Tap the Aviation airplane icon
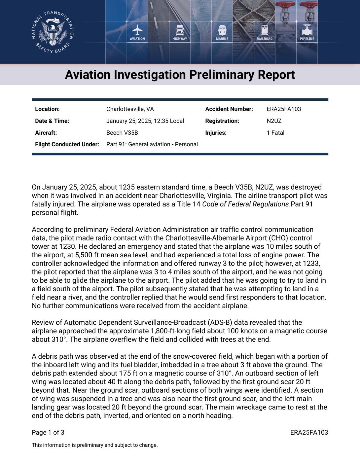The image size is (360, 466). pyautogui.click(x=137, y=30)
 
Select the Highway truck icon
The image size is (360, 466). pyautogui.click(x=180, y=30)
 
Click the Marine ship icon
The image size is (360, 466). pyautogui.click(x=222, y=30)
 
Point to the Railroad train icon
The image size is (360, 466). pyautogui.click(x=264, y=30)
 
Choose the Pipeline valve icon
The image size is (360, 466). pyautogui.click(x=307, y=30)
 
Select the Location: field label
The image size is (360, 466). pyautogui.click(x=47, y=109)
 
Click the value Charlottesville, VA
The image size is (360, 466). pyautogui.click(x=130, y=109)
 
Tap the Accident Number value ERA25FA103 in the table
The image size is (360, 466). pyautogui.click(x=284, y=109)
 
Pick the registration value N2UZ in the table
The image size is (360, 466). pyautogui.click(x=274, y=121)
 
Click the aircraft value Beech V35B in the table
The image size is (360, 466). pyautogui.click(x=122, y=133)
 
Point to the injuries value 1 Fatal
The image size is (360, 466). pyautogui.click(x=275, y=133)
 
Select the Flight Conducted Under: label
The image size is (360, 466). pyautogui.click(x=67, y=144)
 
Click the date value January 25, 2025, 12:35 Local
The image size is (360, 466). pyautogui.click(x=145, y=121)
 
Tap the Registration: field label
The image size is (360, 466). pyautogui.click(x=222, y=121)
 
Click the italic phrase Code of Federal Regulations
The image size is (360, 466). pyautogui.click(x=245, y=204)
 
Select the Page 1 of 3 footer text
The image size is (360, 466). pyautogui.click(x=48, y=432)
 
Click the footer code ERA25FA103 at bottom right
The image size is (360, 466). pyautogui.click(x=309, y=432)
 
